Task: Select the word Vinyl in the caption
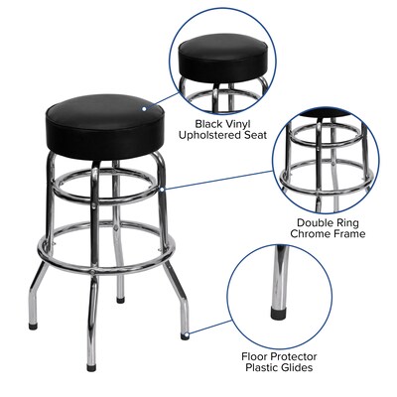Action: click(237, 95)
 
